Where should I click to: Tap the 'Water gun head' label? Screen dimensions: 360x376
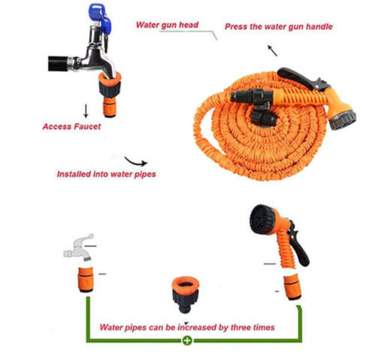[167, 25]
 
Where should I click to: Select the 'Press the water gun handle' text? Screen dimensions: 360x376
[278, 27]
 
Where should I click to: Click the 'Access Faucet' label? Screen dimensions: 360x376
[71, 126]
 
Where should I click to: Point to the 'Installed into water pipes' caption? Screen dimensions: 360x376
[105, 174]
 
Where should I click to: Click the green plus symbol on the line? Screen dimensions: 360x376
[186, 340]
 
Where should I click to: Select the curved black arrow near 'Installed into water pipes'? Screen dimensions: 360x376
[136, 160]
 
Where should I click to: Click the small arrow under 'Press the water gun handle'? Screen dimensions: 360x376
[271, 51]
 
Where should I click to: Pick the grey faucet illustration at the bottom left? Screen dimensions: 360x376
[78, 246]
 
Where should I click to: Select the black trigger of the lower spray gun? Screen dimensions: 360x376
[299, 251]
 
